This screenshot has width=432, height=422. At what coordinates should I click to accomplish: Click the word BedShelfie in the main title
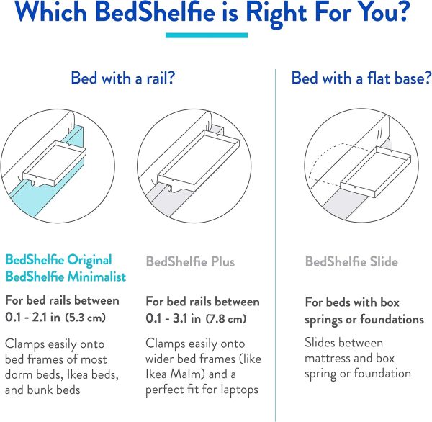tap(155, 12)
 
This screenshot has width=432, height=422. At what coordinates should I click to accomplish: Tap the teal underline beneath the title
tap(207, 35)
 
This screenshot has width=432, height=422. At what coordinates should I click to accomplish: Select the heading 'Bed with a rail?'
tap(123, 78)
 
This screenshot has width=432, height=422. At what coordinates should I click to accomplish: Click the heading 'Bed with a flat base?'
tap(361, 78)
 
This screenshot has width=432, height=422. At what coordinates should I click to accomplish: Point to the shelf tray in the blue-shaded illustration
tap(54, 163)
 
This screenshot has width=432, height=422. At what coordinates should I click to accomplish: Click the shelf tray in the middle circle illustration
tap(198, 161)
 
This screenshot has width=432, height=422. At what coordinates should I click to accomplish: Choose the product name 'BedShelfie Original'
tap(58, 260)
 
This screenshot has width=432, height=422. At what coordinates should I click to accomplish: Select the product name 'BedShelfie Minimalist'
tap(66, 277)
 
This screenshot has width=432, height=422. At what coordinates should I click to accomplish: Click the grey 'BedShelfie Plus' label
tap(190, 261)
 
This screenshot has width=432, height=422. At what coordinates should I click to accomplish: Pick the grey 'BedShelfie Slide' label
tap(351, 261)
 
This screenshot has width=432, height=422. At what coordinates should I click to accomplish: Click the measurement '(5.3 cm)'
tap(86, 318)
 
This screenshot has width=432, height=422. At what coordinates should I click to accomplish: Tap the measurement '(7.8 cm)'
tap(226, 318)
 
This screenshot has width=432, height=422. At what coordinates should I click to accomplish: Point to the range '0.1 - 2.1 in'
tap(33, 318)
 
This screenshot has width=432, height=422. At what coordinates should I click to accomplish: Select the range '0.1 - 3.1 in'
tap(174, 318)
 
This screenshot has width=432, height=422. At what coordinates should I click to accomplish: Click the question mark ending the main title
tap(404, 12)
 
